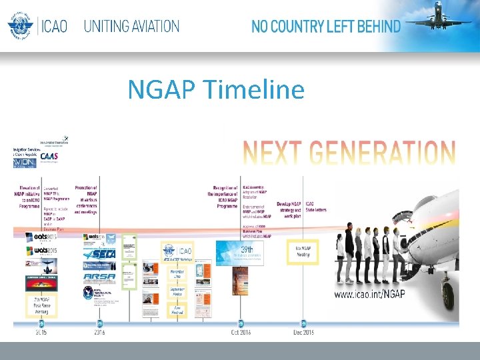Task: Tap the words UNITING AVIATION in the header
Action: pyautogui.click(x=131, y=27)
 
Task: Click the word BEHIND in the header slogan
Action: pyautogui.click(x=377, y=27)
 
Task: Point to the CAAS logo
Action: pyautogui.click(x=49, y=156)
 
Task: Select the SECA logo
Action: pyautogui.click(x=99, y=254)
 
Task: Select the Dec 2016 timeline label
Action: pyautogui.click(x=304, y=332)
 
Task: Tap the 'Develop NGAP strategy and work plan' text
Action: pyautogui.click(x=291, y=207)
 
